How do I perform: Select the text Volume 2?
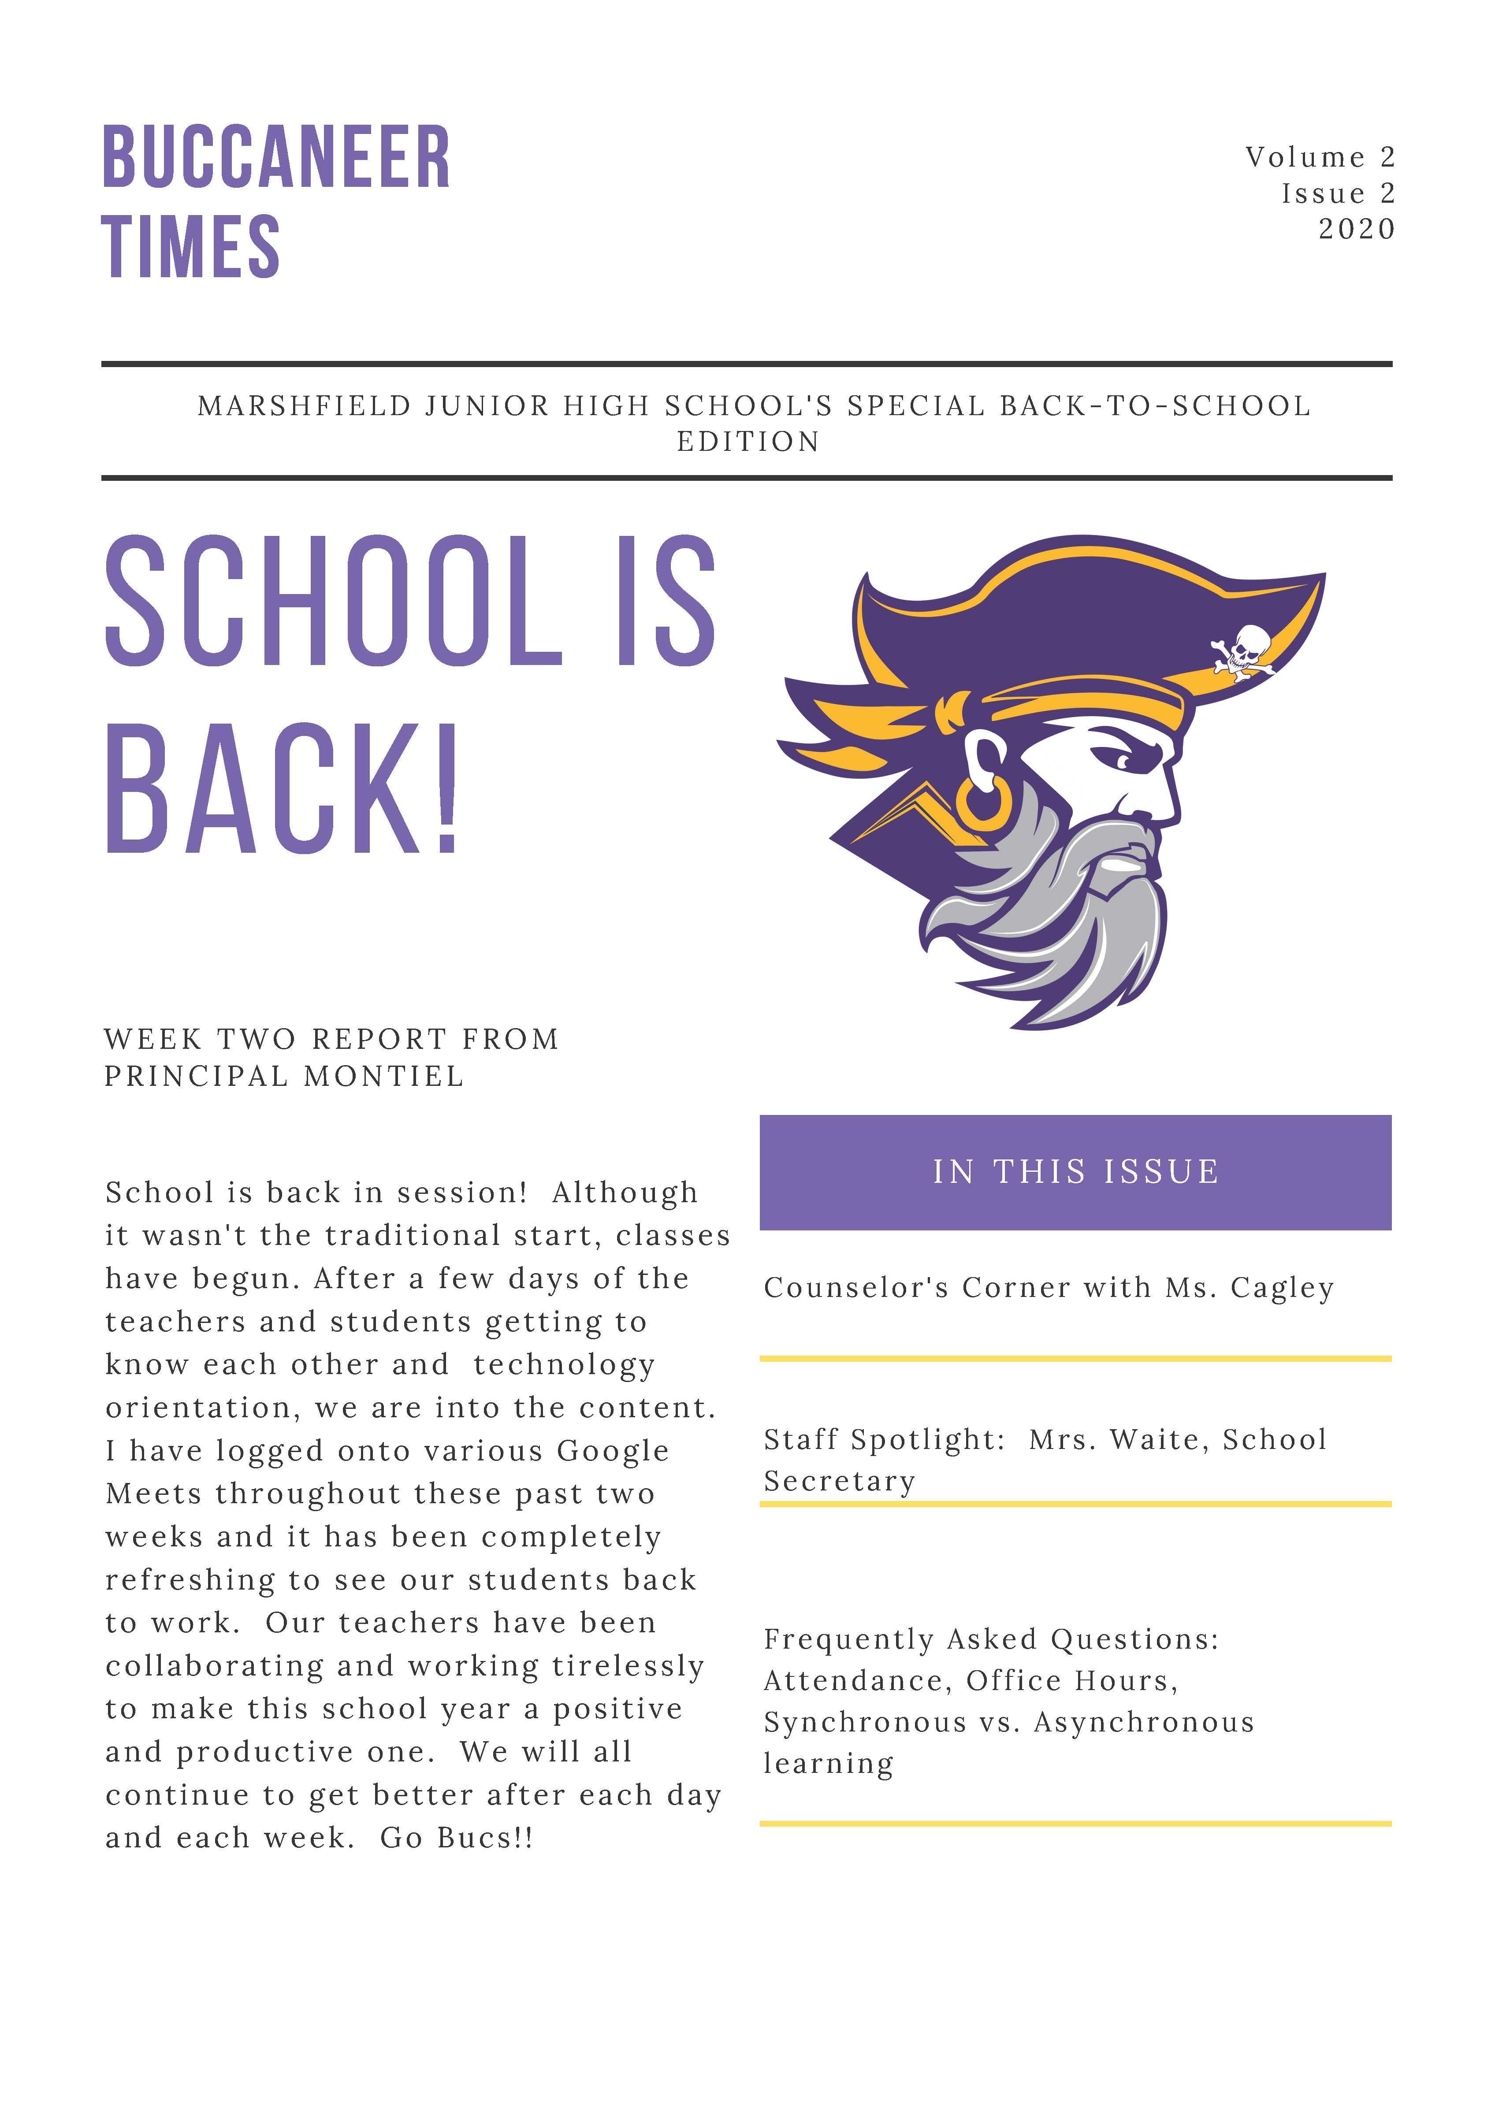[x=1320, y=157]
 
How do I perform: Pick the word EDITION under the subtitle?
[x=747, y=442]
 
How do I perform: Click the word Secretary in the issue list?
[x=840, y=1482]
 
